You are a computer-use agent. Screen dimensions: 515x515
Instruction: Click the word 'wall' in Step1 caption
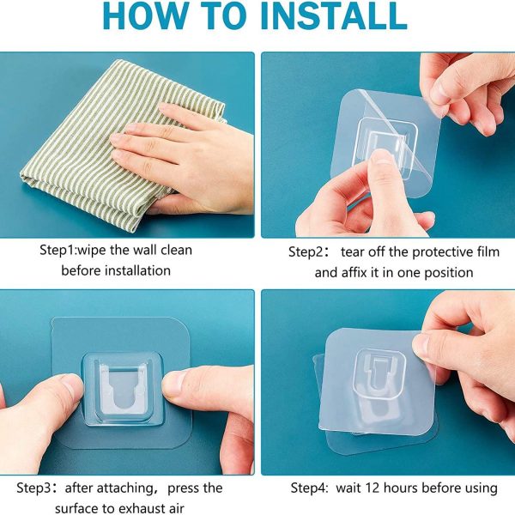(149, 251)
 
